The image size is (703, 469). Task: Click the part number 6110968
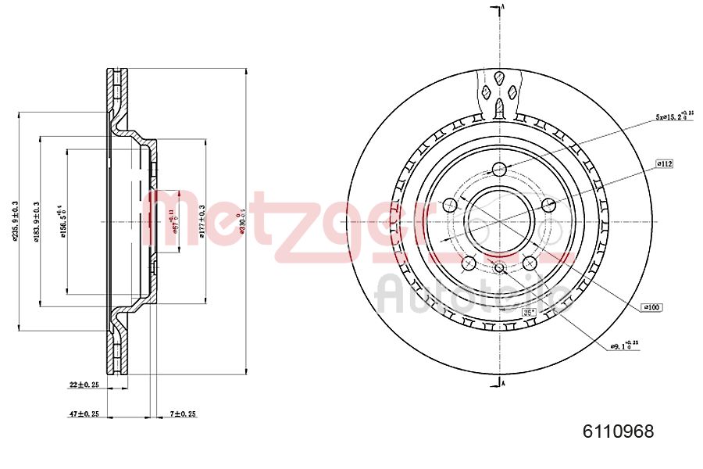618,431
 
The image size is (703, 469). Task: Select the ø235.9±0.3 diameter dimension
16,221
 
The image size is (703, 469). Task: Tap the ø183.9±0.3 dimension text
37,221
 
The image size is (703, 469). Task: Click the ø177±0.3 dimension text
202,221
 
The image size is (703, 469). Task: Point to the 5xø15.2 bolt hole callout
673,116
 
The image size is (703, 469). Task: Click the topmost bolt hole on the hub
500,169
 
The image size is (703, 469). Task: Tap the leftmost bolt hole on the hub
449,206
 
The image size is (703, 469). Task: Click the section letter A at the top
505,7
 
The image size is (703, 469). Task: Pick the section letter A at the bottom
505,384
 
